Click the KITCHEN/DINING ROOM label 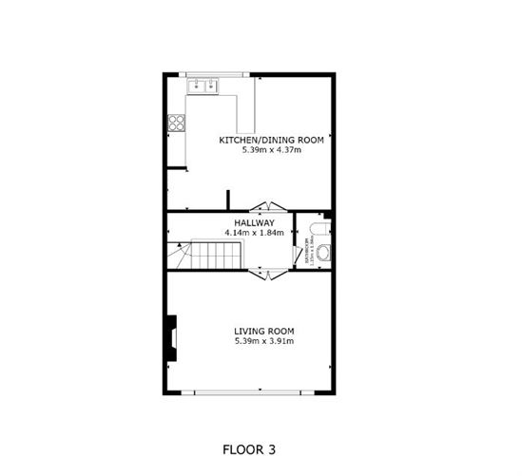click(x=272, y=140)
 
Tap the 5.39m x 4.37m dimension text click(x=272, y=150)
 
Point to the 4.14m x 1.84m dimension click(x=255, y=233)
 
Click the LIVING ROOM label click(x=264, y=332)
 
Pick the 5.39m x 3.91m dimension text click(x=264, y=342)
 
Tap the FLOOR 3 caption click(x=250, y=448)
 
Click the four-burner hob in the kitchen click(x=176, y=122)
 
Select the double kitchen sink click(x=204, y=87)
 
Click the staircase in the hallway click(x=214, y=255)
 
